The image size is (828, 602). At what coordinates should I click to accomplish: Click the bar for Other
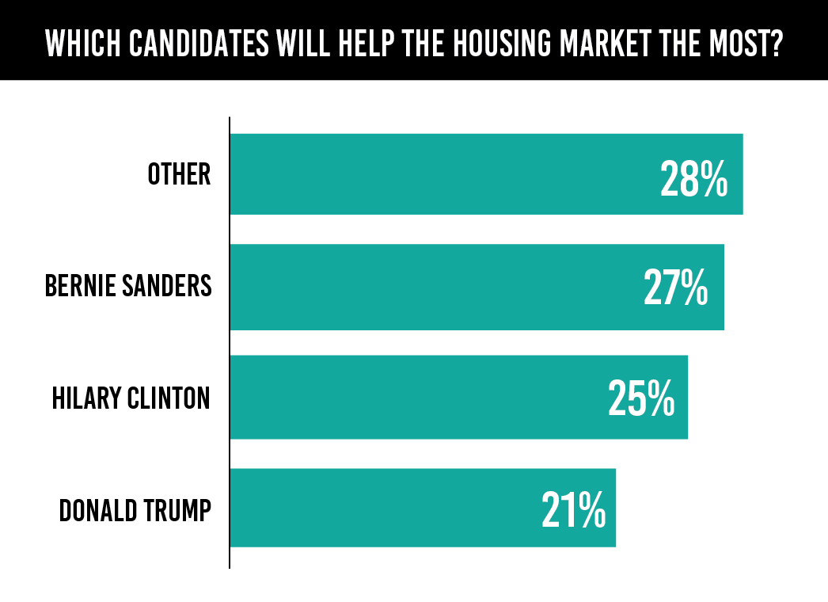coord(443,174)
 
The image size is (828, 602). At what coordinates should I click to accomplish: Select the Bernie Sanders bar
coord(435,287)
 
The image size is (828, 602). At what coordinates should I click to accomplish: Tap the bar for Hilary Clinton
coord(420,397)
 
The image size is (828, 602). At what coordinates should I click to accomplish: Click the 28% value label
coord(693,180)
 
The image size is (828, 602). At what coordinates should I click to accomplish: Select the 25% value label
coord(641,399)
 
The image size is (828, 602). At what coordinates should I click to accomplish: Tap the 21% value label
coord(574,510)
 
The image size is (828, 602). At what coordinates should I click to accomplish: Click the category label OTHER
coord(180,174)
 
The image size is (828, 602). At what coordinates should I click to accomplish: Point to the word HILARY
coord(85,397)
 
